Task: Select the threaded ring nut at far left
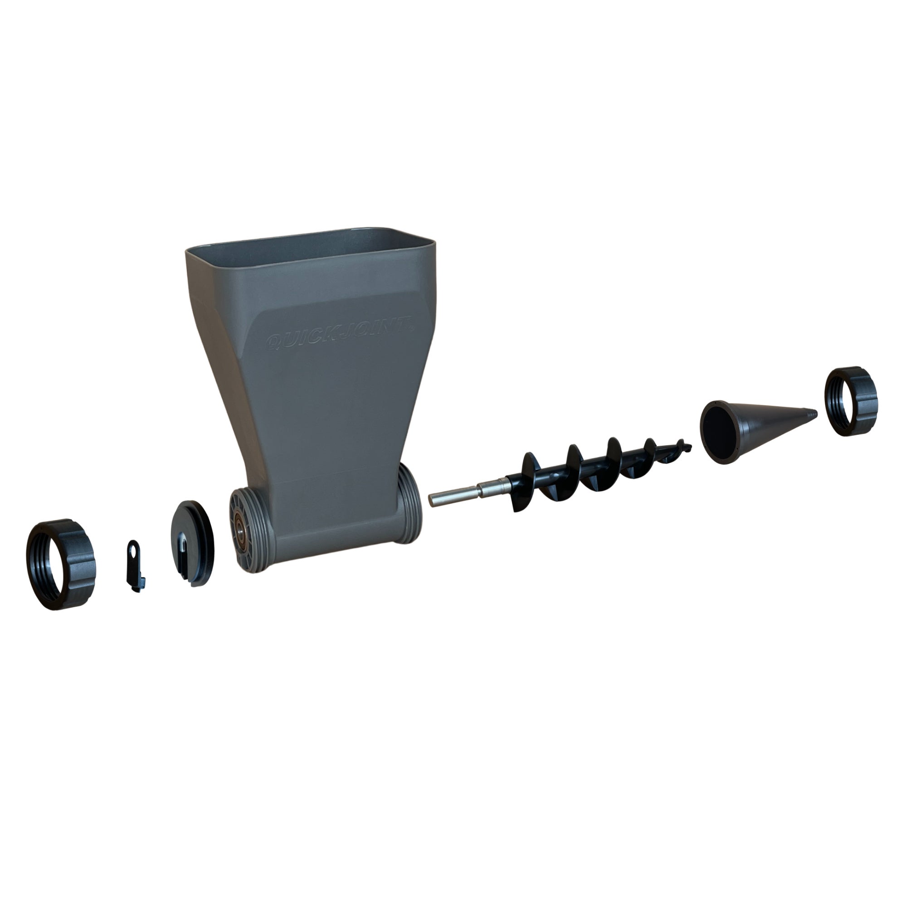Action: point(61,564)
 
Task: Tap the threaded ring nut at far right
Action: point(851,402)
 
